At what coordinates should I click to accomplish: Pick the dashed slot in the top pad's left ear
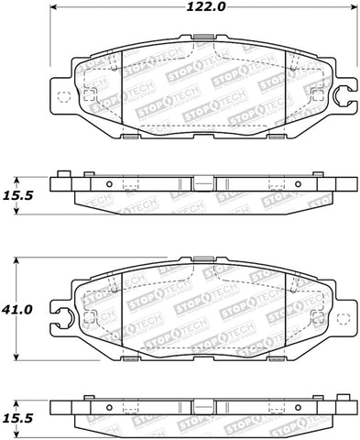(63, 98)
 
